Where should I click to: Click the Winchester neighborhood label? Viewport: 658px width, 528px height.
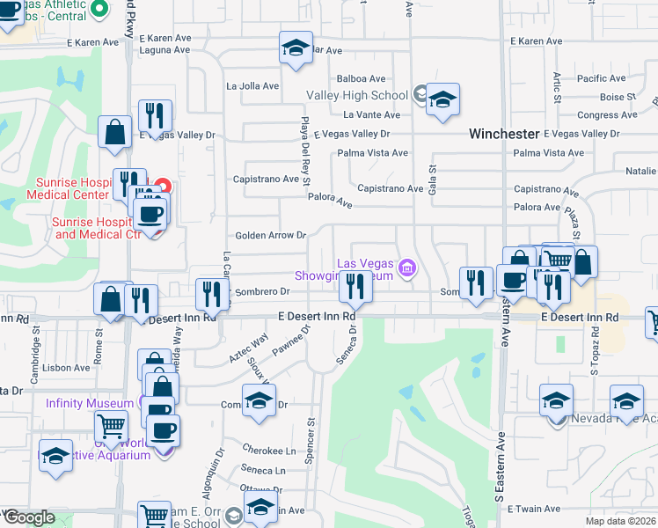[x=503, y=134]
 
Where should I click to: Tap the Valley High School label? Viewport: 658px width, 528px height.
[x=356, y=95]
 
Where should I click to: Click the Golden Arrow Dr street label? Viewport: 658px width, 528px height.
[x=270, y=235]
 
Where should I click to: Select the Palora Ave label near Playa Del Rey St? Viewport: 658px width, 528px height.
[x=329, y=202]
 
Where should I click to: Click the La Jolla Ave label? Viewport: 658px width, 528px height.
[x=252, y=86]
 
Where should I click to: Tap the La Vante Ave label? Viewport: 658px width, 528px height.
[x=371, y=115]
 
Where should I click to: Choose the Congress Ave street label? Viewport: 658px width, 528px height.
[x=607, y=115]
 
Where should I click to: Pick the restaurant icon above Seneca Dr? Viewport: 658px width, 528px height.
[x=355, y=285]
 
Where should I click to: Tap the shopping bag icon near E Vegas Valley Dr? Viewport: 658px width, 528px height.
[x=115, y=133]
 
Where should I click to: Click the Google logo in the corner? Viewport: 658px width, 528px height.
[x=29, y=517]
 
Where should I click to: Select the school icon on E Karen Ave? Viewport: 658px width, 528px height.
[x=296, y=48]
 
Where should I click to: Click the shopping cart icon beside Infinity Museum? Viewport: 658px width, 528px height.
[x=112, y=427]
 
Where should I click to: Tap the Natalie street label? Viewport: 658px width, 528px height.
[x=640, y=171]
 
